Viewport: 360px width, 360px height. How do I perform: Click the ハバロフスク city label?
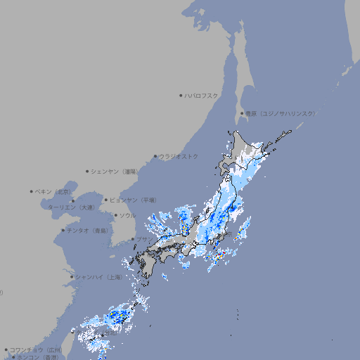tap(201, 95)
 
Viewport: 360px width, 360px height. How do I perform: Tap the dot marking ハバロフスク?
tap(181, 95)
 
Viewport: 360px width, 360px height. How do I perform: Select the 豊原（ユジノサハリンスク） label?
tap(280, 113)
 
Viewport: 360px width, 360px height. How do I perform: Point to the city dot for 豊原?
tap(242, 113)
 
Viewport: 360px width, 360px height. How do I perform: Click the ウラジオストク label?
tap(179, 156)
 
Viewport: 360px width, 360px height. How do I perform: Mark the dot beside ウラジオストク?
tap(155, 156)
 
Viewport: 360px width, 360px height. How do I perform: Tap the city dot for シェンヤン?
tap(87, 171)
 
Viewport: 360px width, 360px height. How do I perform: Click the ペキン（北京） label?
tap(54, 191)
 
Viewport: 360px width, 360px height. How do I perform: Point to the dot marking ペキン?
tap(32, 191)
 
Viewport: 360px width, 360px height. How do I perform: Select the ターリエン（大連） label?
tap(71, 207)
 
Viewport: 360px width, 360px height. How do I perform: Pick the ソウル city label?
tap(127, 215)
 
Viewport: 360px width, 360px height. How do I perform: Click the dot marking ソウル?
tap(115, 215)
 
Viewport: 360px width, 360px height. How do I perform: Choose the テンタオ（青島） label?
tap(88, 230)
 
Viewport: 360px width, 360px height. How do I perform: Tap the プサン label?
tap(143, 239)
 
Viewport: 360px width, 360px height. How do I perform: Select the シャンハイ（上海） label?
tap(98, 277)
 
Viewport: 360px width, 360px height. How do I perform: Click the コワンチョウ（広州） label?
tap(36, 349)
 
